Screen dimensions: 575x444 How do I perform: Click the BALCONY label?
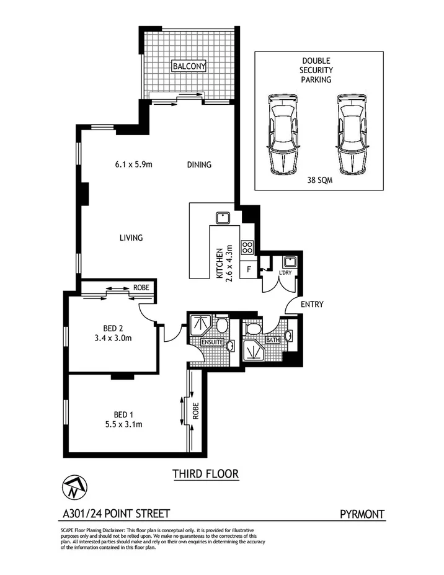[189, 65]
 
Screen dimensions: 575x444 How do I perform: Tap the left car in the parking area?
[282, 133]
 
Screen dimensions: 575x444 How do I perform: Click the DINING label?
[199, 165]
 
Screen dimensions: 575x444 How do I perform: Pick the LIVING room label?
[131, 238]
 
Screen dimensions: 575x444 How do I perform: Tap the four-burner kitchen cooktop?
[246, 247]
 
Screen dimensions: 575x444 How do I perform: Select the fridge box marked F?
[249, 270]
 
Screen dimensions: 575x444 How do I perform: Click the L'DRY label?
[285, 273]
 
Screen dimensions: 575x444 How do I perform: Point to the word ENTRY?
[312, 305]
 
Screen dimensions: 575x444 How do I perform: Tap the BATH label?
[273, 340]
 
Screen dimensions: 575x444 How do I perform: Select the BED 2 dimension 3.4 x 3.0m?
[112, 339]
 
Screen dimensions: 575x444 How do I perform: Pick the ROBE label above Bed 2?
[141, 288]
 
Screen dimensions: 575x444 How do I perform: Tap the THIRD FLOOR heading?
[205, 475]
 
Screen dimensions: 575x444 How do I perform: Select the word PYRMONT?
[362, 514]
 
